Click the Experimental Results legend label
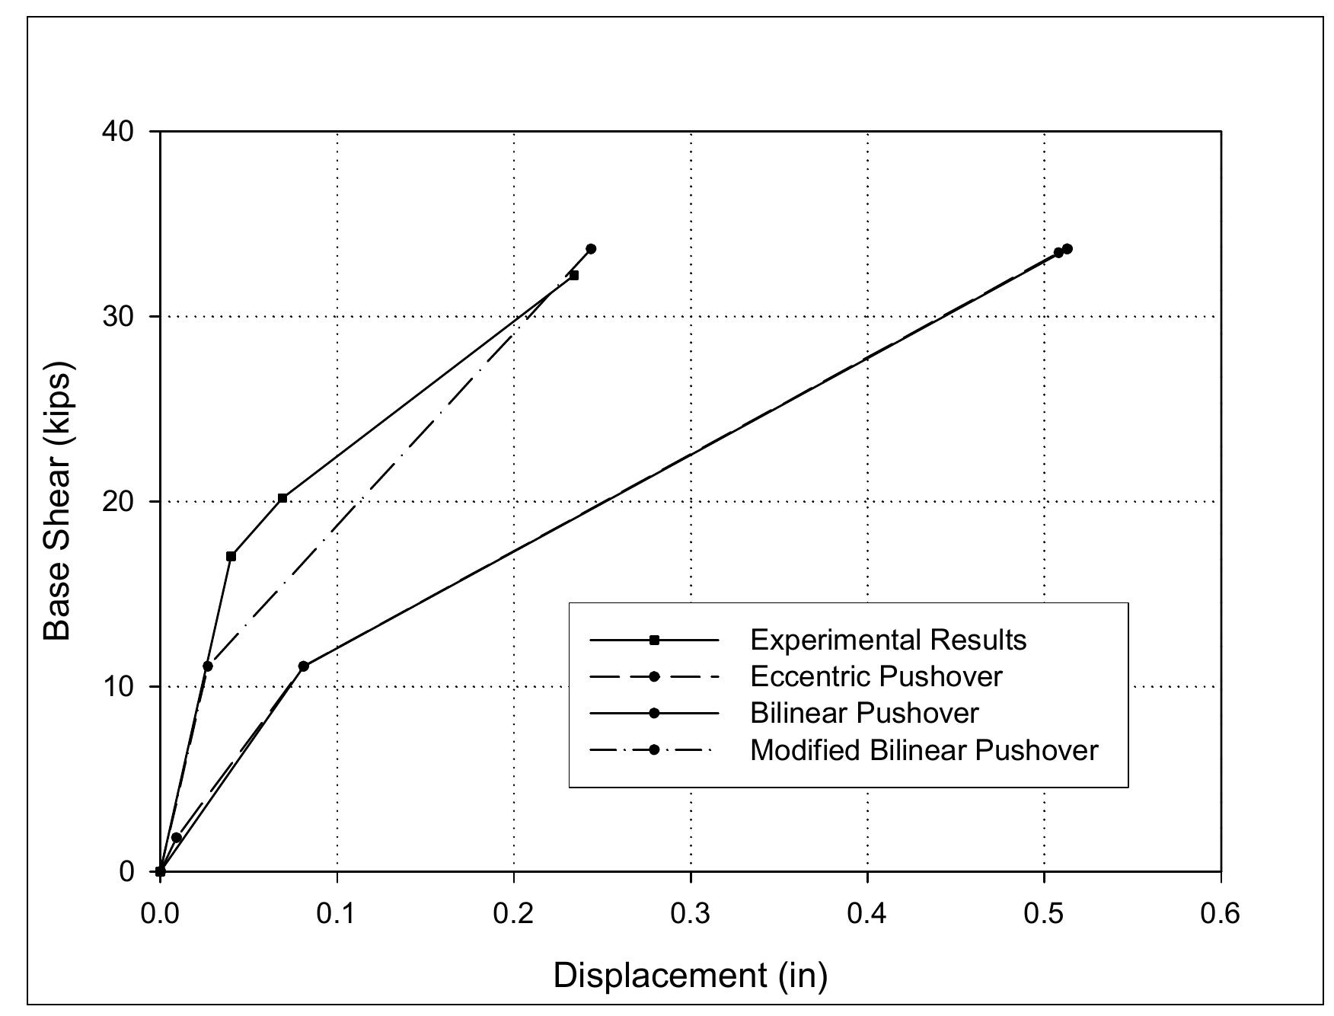[x=888, y=640]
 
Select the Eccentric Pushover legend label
[x=876, y=676]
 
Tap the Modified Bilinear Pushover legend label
[x=924, y=750]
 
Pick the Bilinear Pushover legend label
[x=864, y=713]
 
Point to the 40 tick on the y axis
[x=117, y=132]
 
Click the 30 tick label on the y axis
[x=117, y=317]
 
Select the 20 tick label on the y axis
[x=117, y=502]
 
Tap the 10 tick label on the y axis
[x=117, y=687]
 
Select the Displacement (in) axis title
[x=690, y=976]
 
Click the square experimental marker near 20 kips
[x=282, y=498]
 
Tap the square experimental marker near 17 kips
[x=231, y=556]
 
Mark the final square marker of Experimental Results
[x=573, y=275]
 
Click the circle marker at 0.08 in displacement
[x=303, y=666]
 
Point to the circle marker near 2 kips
[x=176, y=838]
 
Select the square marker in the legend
[x=654, y=640]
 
